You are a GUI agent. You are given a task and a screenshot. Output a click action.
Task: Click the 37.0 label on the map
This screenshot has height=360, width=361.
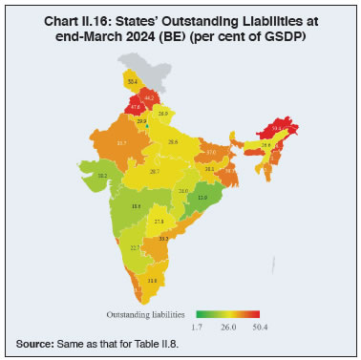click(x=211, y=151)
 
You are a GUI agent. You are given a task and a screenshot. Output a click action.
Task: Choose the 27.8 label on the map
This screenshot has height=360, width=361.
click(x=159, y=221)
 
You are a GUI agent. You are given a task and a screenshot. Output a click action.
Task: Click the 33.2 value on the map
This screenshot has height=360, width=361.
click(x=164, y=239)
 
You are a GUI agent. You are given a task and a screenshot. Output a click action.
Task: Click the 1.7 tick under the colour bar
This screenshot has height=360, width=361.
click(x=199, y=327)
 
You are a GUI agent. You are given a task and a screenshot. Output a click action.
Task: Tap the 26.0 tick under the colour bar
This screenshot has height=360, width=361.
click(x=226, y=327)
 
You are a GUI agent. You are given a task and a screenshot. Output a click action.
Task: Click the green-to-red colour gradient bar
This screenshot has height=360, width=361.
click(x=227, y=312)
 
